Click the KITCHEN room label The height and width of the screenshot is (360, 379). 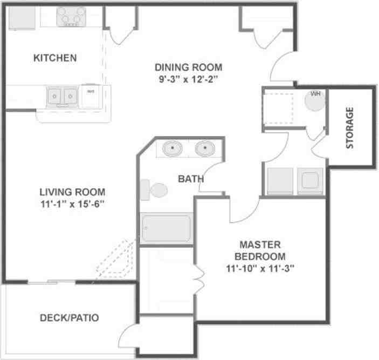point(55,58)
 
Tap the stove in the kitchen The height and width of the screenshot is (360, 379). point(71,16)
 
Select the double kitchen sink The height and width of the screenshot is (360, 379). point(61,97)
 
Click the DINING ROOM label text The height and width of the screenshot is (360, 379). point(188,67)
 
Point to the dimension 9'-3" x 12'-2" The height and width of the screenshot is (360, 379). point(188,78)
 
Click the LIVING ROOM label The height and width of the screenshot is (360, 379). point(72,192)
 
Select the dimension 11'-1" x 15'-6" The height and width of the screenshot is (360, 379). point(72,203)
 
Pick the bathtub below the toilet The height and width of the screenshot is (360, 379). point(166,229)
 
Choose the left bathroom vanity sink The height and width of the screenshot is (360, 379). point(173,148)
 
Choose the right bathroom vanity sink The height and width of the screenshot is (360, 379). point(205,148)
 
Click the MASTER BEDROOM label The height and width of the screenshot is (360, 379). point(260,250)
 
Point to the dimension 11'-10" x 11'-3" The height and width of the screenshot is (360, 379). point(260,267)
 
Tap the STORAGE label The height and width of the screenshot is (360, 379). point(350,128)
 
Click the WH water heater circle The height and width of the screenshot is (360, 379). point(315,99)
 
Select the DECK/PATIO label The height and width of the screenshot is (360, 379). point(70,318)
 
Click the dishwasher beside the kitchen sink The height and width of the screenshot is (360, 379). point(90,96)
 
